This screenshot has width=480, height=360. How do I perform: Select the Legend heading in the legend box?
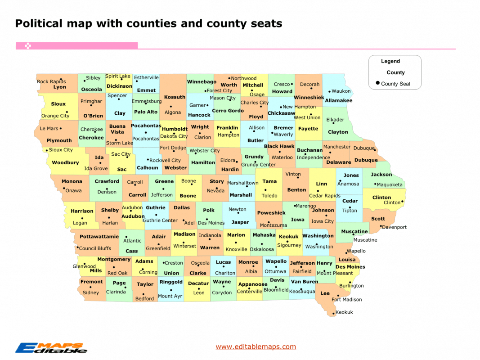390,61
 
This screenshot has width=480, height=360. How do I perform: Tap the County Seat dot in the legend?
378,83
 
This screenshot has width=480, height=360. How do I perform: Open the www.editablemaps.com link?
256,346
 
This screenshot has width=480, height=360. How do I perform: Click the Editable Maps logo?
51,347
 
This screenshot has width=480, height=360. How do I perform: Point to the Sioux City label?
61,150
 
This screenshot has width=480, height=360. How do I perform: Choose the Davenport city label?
394,227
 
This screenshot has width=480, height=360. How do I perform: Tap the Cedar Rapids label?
325,196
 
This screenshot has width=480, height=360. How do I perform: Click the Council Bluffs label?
95,248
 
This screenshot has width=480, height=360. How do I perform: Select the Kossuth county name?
175,97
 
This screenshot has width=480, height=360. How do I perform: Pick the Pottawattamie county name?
99,237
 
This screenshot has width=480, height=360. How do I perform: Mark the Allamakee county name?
339,101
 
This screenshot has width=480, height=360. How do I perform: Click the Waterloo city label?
282,157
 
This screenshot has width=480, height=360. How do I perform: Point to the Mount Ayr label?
170,296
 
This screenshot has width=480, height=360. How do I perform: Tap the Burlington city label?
351,286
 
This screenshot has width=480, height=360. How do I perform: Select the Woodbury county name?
65,163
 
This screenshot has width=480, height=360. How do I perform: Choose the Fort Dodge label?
173,148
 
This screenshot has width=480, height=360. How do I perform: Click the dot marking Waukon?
329,91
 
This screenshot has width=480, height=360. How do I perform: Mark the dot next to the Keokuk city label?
334,313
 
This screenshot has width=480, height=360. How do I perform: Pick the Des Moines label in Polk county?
211,223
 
